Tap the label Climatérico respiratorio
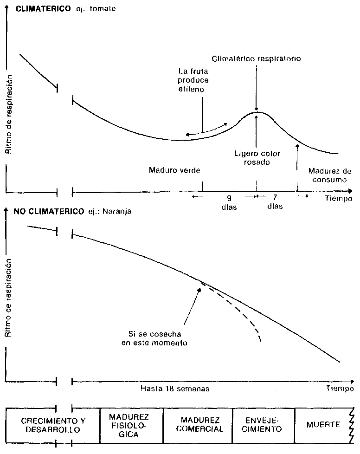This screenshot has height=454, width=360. click(x=257, y=59)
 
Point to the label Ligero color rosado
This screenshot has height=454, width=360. click(x=257, y=158)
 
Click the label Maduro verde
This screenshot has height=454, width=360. click(x=174, y=170)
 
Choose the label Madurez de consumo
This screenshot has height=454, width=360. click(x=327, y=175)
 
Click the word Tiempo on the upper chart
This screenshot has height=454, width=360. click(x=338, y=198)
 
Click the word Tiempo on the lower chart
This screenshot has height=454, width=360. click(x=339, y=388)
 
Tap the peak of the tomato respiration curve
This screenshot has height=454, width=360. click(x=257, y=112)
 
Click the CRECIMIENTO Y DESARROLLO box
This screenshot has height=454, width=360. click(x=54, y=425)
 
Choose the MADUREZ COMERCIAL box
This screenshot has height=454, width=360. click(x=198, y=425)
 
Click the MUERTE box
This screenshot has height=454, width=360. click(x=323, y=424)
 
